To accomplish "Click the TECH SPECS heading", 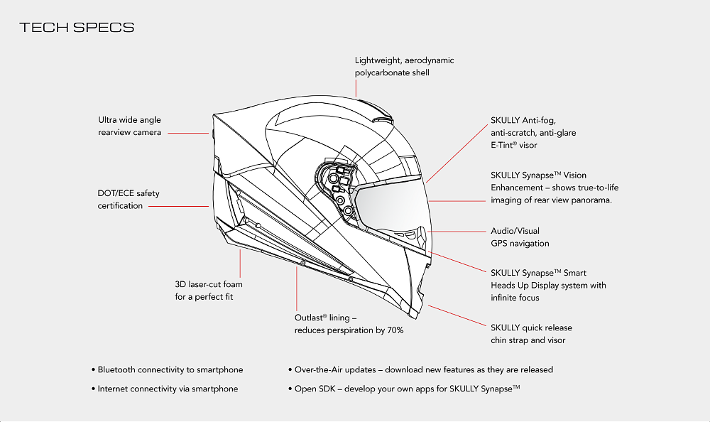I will point(77,28).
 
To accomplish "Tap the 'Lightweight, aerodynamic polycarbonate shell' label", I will point(404,66).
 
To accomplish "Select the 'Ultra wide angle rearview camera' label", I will point(130,126).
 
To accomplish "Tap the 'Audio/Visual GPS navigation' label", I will point(520,237).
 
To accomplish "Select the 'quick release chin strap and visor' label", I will point(530,334).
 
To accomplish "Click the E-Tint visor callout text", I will point(533,133).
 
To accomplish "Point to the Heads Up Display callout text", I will point(548,285).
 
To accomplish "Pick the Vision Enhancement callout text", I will point(551,187).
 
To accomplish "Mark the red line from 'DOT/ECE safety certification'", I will point(179,206).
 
